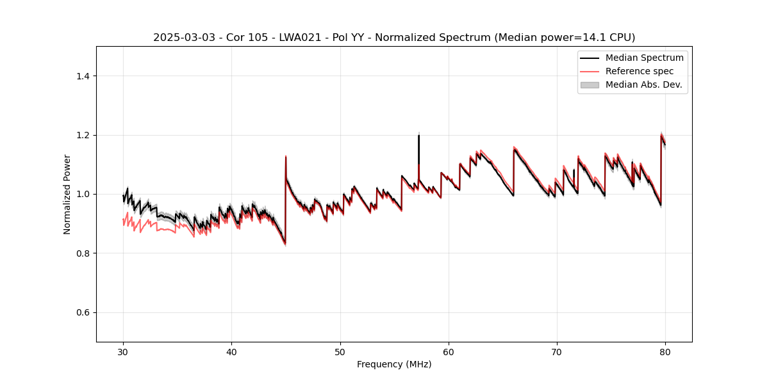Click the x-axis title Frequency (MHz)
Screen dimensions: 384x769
tap(394, 364)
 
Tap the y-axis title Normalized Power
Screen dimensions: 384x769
tap(67, 194)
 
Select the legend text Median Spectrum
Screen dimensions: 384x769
tap(644, 58)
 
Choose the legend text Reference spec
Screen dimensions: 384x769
tap(640, 71)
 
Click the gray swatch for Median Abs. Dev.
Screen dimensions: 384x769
tap(590, 84)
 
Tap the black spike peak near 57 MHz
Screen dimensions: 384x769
tap(418, 135)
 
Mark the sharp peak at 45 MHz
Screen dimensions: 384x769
tap(285, 156)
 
